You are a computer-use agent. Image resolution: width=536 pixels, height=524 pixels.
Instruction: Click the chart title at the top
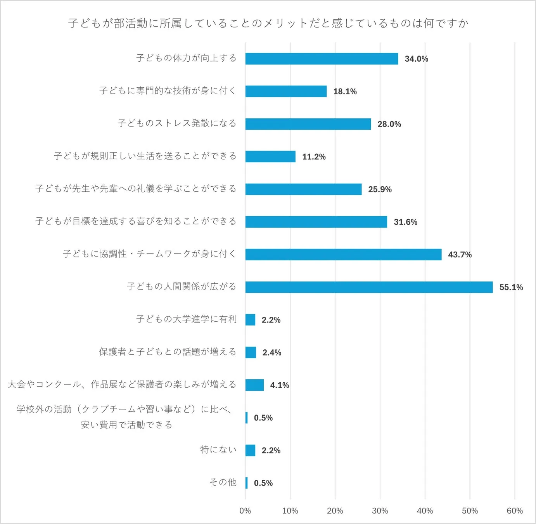(x=268, y=23)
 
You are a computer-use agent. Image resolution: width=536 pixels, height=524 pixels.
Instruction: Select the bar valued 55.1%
(x=369, y=287)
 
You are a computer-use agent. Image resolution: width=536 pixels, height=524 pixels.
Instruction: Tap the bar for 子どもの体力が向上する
(x=322, y=59)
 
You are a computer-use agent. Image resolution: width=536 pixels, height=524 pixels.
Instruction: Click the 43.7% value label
(x=460, y=255)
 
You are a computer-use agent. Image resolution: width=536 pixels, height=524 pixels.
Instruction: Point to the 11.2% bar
(x=270, y=156)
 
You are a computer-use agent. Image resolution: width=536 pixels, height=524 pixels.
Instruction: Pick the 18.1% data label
(x=345, y=92)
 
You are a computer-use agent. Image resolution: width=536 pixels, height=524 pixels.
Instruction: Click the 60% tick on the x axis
(x=514, y=511)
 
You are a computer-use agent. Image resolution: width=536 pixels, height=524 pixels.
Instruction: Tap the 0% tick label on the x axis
(x=245, y=511)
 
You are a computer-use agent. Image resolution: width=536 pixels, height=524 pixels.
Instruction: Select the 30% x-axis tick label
(x=380, y=511)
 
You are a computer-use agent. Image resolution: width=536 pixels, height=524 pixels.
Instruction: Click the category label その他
(x=223, y=482)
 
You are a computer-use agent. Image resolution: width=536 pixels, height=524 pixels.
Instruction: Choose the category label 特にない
(x=218, y=449)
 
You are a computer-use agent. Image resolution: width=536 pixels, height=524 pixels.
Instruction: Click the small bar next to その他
(x=246, y=483)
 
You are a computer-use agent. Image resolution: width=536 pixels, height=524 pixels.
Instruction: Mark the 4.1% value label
(x=279, y=385)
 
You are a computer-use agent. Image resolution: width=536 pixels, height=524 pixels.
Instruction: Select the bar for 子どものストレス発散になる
(x=308, y=124)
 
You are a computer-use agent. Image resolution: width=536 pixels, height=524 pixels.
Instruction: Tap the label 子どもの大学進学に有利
(x=186, y=319)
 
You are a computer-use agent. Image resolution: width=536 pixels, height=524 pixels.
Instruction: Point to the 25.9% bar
(x=303, y=189)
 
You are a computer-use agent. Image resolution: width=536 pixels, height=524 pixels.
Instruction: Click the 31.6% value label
(x=405, y=222)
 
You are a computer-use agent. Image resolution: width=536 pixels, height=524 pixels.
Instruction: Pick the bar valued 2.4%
(x=251, y=352)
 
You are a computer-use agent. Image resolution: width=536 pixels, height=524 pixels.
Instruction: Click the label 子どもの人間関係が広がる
(x=181, y=286)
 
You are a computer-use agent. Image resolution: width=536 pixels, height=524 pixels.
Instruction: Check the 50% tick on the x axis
(x=469, y=511)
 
